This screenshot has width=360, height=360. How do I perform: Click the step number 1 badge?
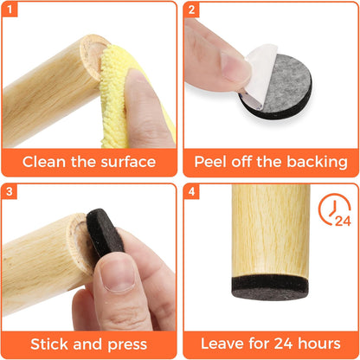tap(11, 12)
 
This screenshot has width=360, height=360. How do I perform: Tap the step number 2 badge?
tap(192, 12)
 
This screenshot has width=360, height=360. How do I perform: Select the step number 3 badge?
tap(11, 192)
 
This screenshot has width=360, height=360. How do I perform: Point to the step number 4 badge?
tap(192, 192)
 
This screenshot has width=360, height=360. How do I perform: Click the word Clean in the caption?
tap(48, 161)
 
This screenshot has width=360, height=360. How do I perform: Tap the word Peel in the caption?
tap(213, 161)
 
